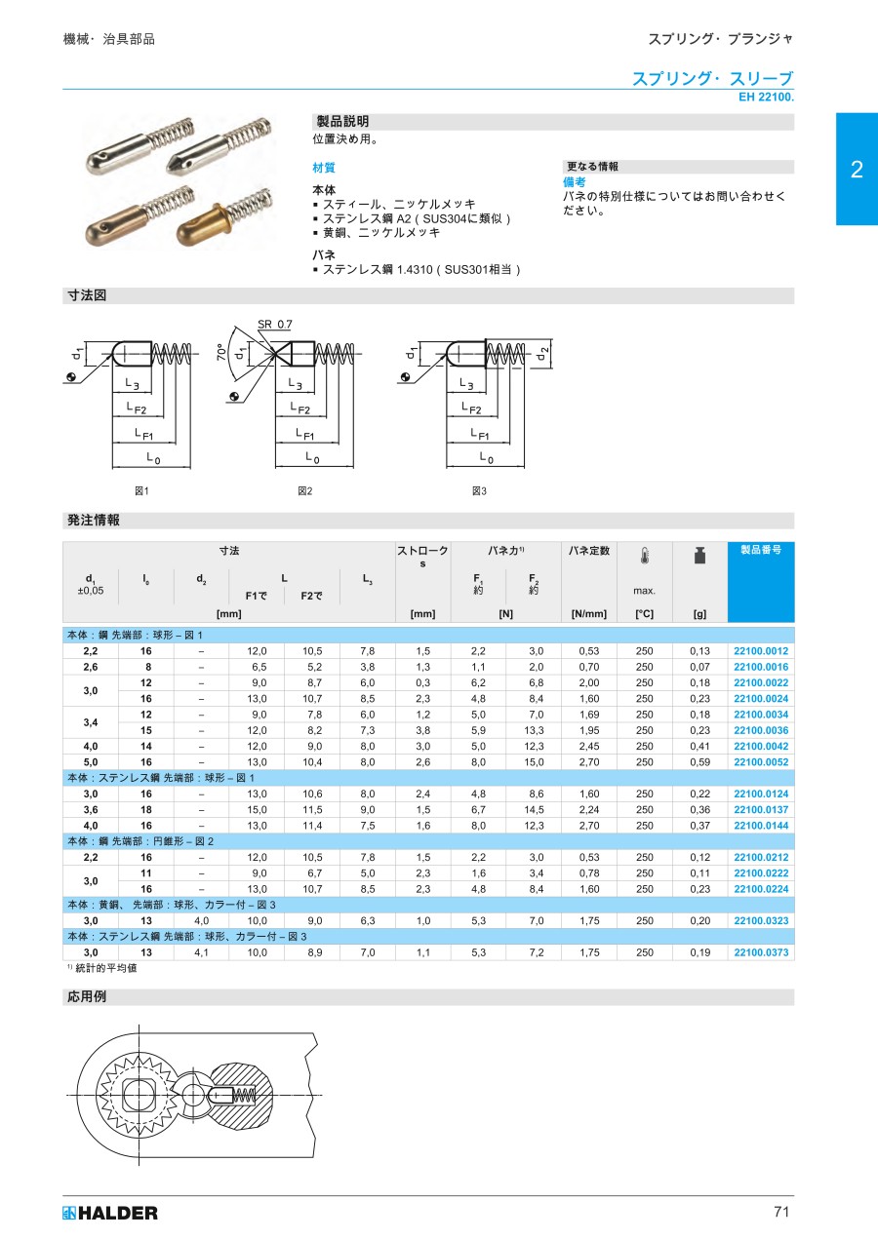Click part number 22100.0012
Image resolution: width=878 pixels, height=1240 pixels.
760,651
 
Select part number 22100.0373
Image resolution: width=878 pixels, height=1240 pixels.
760,952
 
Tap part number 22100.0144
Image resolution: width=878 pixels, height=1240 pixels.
760,826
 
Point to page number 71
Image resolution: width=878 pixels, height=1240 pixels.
780,1212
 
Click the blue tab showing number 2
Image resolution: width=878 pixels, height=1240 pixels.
857,170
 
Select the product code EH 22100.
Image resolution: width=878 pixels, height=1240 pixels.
768,97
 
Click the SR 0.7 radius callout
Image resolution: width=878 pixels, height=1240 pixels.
274,324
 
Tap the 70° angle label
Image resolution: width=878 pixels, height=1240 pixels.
221,351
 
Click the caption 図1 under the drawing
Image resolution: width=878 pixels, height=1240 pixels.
142,490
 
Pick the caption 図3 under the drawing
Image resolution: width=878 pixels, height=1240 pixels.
478,490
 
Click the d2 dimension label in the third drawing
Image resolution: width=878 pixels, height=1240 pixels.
544,352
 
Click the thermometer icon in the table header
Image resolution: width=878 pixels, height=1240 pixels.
644,557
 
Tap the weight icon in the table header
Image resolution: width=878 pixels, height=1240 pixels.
699,556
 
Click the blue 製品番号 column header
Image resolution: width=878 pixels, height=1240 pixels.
760,551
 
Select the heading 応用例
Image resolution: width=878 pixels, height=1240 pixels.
86,997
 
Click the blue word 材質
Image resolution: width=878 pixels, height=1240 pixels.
324,168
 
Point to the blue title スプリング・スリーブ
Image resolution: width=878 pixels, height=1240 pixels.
711,79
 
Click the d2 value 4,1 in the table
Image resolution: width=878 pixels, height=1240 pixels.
201,952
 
